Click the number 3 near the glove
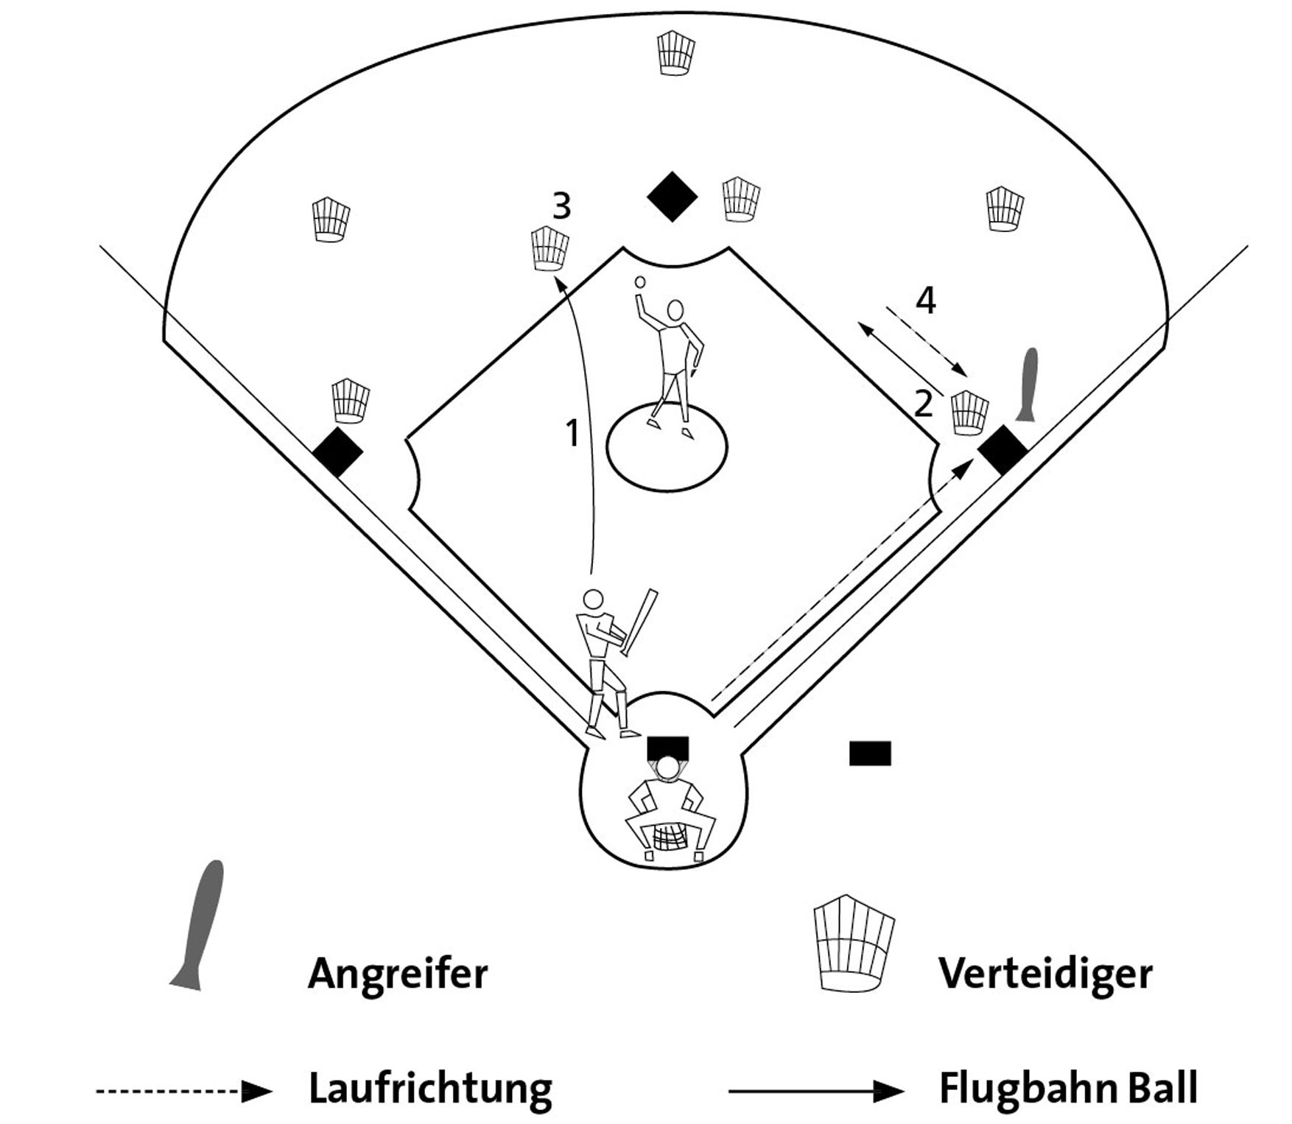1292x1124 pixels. (x=561, y=206)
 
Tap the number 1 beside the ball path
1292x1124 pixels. (x=572, y=433)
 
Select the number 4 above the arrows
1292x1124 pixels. (x=925, y=301)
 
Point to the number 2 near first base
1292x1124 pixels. (x=923, y=404)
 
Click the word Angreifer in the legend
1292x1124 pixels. (x=398, y=974)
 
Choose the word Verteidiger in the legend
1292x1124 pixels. (x=1045, y=974)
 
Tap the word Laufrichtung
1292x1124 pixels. (x=430, y=1089)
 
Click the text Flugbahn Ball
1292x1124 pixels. (x=1068, y=1089)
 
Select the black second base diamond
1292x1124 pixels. (x=672, y=197)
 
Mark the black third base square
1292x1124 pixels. (x=337, y=452)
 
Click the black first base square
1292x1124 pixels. (x=1003, y=449)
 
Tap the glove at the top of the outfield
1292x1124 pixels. (x=675, y=52)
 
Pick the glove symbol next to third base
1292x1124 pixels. (x=351, y=401)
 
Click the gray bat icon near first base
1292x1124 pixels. (x=1029, y=384)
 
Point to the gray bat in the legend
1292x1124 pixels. (x=200, y=924)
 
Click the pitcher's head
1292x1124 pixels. (x=675, y=311)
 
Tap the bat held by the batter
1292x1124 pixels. (x=639, y=622)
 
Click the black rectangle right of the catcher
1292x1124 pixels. (x=870, y=754)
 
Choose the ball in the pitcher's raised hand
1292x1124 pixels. (x=640, y=282)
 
